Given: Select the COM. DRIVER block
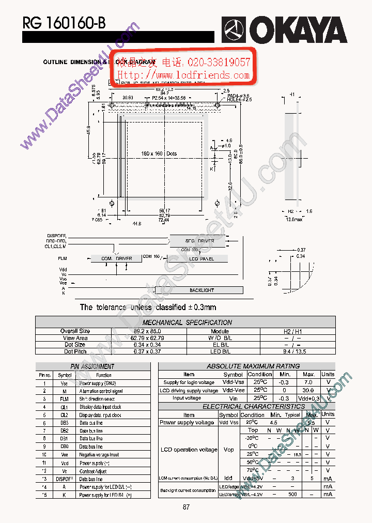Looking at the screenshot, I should [116, 258].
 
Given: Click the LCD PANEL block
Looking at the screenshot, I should [200, 258].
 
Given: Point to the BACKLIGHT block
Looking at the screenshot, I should [202, 290].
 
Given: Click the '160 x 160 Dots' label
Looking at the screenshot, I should [159, 153].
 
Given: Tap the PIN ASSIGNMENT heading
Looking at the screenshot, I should [92, 366].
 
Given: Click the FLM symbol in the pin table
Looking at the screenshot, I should [64, 399].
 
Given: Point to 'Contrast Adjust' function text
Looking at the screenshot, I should [93, 471].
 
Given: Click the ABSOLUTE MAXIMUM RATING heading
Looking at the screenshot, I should [253, 366].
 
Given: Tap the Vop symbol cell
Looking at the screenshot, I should [228, 450].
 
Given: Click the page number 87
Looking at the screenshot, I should [186, 507].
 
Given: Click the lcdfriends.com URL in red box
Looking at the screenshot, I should [183, 75].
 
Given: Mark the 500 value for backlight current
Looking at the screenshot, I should [292, 494].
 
